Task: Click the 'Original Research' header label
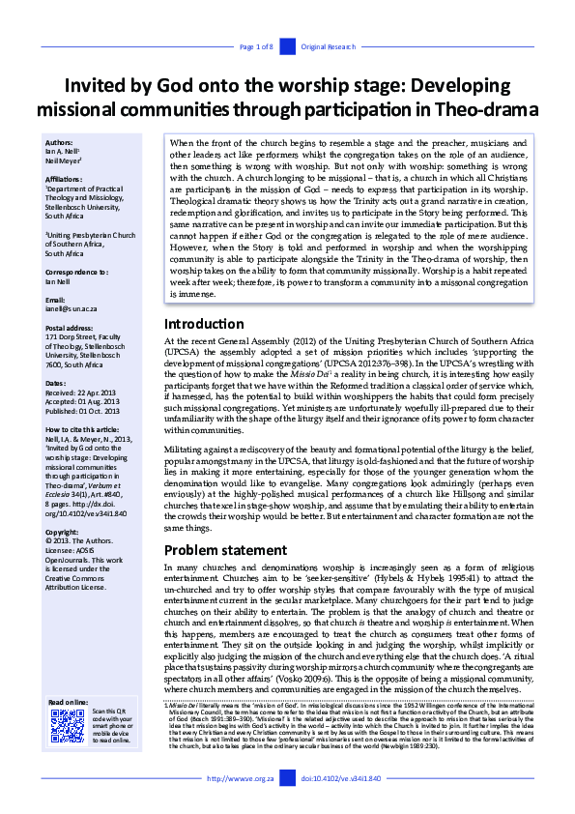click(x=329, y=46)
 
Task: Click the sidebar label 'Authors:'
click(x=59, y=141)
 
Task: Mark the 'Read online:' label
click(x=68, y=702)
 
